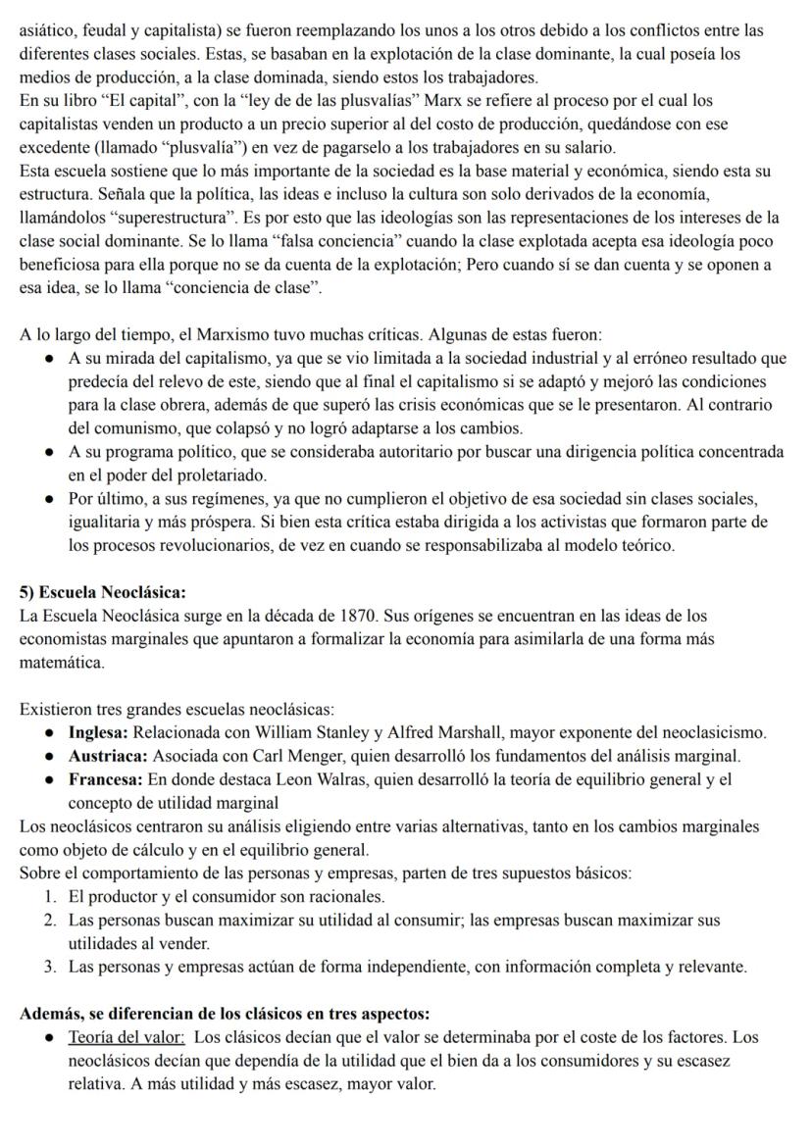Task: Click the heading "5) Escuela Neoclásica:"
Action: pos(103,592)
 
